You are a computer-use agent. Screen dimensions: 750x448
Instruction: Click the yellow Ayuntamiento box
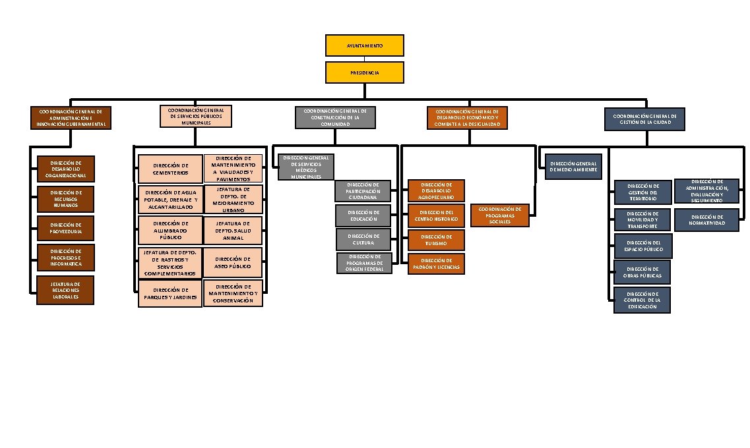coord(364,45)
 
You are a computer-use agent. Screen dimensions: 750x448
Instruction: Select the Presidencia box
coord(364,72)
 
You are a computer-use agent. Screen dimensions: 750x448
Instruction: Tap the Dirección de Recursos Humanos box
coord(65,199)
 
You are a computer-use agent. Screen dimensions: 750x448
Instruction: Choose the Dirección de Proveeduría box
coord(65,227)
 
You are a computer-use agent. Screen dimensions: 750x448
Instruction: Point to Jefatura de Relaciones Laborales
coord(65,290)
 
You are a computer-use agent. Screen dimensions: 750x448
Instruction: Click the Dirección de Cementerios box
coord(170,169)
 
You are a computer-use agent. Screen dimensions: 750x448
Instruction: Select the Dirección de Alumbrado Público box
coord(170,231)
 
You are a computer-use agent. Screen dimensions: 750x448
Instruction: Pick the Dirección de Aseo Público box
coord(232,262)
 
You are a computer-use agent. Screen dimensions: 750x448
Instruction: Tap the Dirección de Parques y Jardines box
coord(170,294)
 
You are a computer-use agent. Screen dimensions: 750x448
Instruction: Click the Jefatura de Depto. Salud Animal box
coord(232,231)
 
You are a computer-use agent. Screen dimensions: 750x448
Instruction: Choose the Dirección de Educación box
coord(363,215)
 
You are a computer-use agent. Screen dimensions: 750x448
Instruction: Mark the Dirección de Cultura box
coord(363,239)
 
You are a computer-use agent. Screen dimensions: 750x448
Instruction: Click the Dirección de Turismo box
coord(436,240)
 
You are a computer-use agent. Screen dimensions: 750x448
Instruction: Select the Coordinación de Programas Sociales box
coord(500,215)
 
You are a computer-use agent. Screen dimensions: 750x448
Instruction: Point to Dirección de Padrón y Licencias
coord(436,264)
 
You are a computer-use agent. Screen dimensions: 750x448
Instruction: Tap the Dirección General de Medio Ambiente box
coord(573,167)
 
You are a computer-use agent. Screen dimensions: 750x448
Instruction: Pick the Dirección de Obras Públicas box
coord(642,272)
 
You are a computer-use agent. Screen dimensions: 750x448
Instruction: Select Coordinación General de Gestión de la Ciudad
coord(644,119)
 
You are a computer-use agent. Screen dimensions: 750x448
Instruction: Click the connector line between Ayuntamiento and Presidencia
coord(364,59)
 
